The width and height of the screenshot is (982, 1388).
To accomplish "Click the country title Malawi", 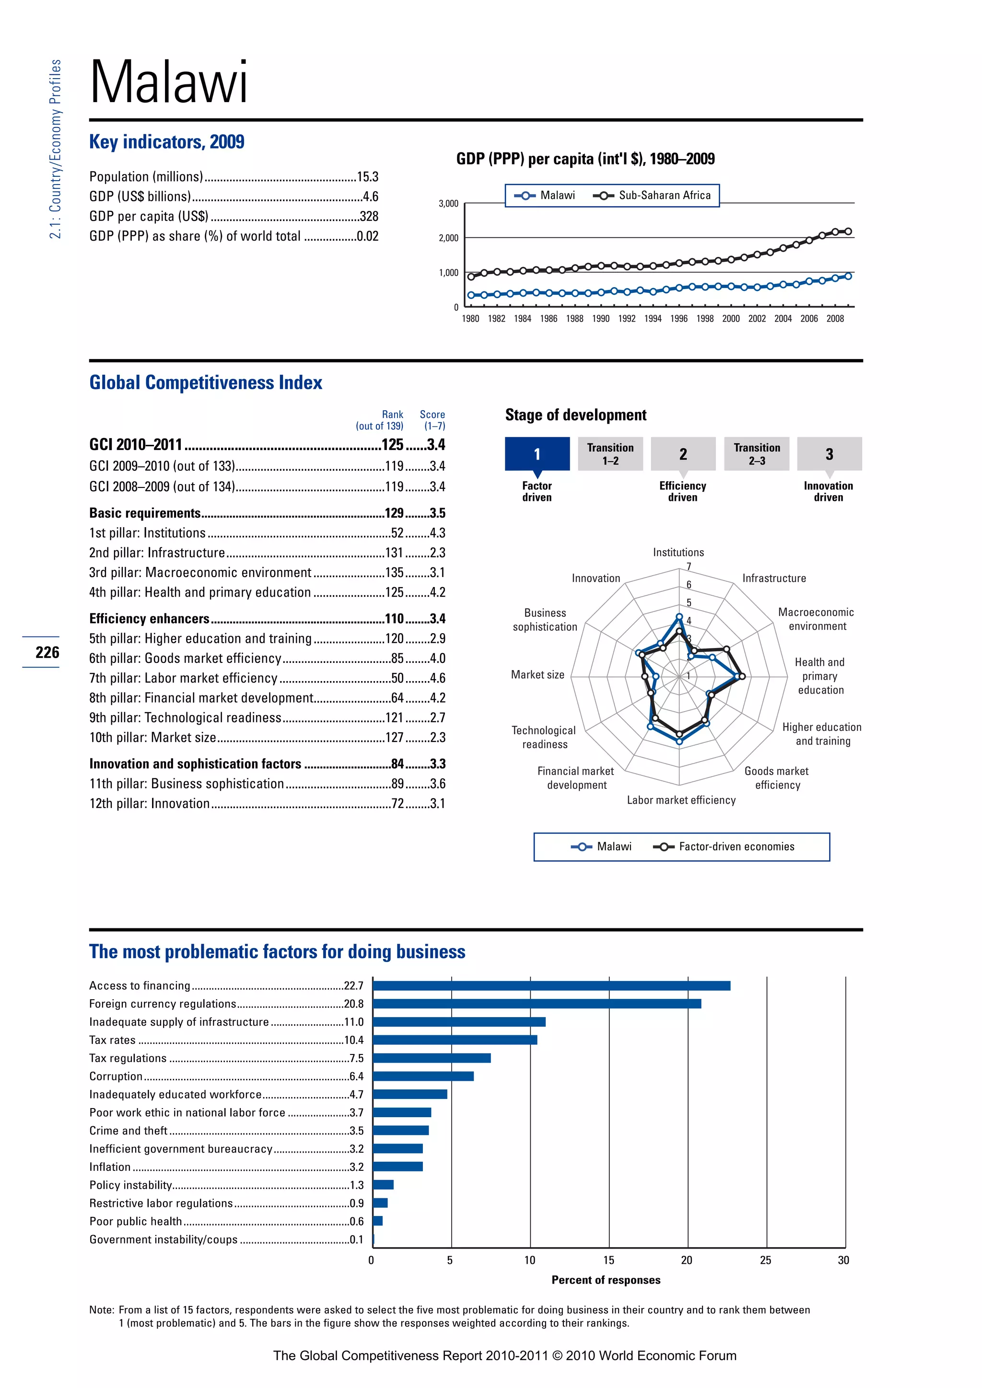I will pyautogui.click(x=169, y=83).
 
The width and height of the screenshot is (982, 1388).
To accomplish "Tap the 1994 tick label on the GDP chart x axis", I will pyautogui.click(x=653, y=319).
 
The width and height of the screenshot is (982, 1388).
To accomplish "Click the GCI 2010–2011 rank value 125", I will pyautogui.click(x=392, y=445).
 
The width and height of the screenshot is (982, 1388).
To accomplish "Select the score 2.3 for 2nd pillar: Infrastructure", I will pyautogui.click(x=437, y=553).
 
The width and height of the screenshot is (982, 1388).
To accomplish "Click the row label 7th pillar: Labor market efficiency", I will pyautogui.click(x=183, y=678).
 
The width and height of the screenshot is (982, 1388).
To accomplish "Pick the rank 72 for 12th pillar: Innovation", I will pyautogui.click(x=397, y=803).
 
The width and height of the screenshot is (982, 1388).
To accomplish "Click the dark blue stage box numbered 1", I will pyautogui.click(x=537, y=454).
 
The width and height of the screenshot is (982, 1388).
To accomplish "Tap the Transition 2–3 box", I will pyautogui.click(x=757, y=454).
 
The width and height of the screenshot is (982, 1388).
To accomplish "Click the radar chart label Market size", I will pyautogui.click(x=537, y=675).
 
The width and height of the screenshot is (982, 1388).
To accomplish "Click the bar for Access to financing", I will pyautogui.click(x=551, y=986).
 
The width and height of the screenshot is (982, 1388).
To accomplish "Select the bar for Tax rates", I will pyautogui.click(x=455, y=1040).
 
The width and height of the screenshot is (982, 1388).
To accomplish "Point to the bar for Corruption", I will pyautogui.click(x=423, y=1076).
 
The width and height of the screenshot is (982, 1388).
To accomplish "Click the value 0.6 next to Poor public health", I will pyautogui.click(x=357, y=1221).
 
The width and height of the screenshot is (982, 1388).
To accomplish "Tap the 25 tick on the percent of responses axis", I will pyautogui.click(x=766, y=1261).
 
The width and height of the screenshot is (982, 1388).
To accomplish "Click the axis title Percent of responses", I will pyautogui.click(x=606, y=1280).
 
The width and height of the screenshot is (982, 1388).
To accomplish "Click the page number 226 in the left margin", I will pyautogui.click(x=47, y=652).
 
